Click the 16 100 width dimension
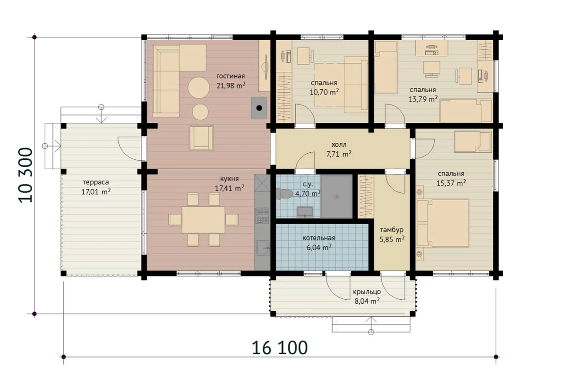280,348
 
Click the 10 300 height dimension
26,175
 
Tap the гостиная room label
231,76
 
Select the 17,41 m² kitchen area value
230,188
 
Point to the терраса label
95,182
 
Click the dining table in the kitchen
203,220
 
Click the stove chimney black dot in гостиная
259,108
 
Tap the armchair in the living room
201,138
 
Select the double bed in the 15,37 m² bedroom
443,223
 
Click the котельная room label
318,238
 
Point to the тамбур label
392,230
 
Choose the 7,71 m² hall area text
339,154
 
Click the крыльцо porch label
367,292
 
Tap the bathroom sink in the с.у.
305,212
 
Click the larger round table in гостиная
198,87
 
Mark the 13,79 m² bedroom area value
423,99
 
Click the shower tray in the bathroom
336,196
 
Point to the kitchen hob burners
262,215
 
